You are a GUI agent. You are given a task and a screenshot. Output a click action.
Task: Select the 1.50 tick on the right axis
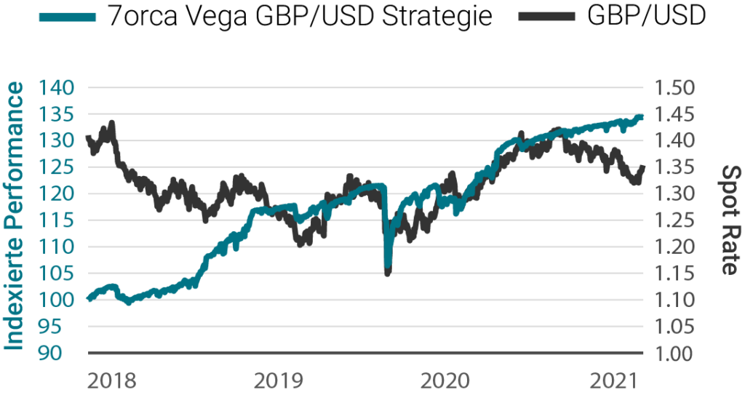tap(676, 88)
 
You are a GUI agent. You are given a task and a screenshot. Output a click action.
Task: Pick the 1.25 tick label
tap(676, 220)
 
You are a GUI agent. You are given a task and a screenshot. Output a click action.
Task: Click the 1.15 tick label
tap(676, 274)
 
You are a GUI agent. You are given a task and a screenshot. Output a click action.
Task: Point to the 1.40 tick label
tap(676, 141)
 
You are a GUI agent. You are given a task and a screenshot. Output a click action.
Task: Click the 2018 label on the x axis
tap(113, 380)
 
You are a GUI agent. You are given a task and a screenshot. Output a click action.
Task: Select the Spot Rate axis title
tap(728, 218)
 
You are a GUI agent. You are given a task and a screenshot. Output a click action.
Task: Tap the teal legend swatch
tap(67, 17)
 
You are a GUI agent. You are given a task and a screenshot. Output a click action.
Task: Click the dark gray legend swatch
tap(546, 17)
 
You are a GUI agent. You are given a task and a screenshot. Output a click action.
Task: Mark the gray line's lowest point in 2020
tap(388, 273)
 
